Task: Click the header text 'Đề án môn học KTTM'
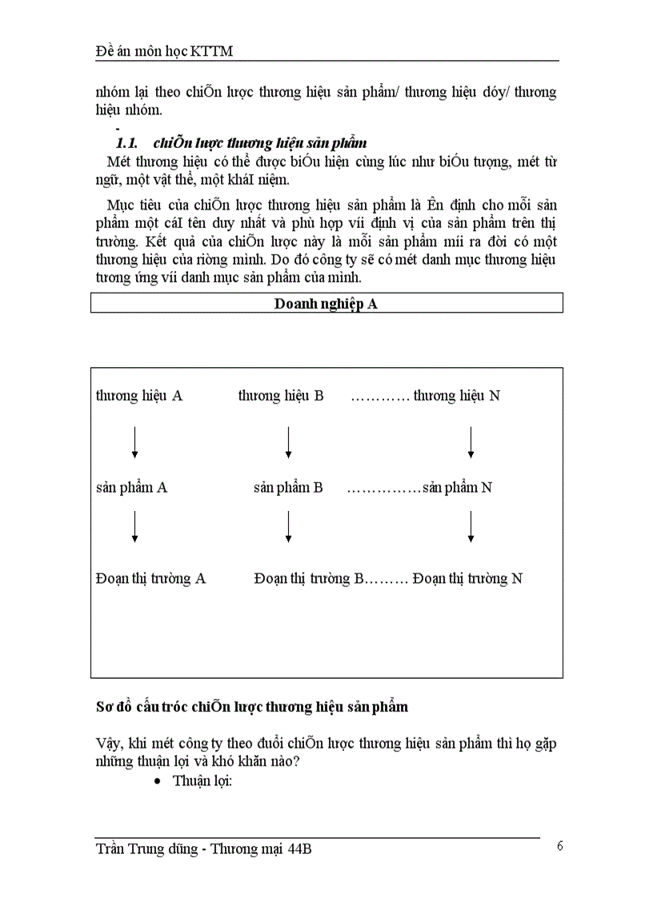(x=169, y=52)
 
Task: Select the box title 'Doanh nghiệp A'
(x=326, y=303)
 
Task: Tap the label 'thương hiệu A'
(x=139, y=396)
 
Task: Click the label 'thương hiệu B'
(x=281, y=396)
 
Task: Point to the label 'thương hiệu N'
(x=457, y=396)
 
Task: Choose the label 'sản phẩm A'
(x=131, y=487)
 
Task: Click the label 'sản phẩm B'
(x=288, y=487)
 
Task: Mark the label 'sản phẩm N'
(x=457, y=487)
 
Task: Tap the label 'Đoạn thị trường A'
(x=150, y=578)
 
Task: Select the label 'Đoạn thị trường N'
(x=467, y=578)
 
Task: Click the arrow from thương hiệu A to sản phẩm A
(x=134, y=442)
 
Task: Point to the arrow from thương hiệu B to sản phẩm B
(x=288, y=442)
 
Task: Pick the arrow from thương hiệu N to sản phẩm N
(x=471, y=442)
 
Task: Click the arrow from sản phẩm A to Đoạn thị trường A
(x=134, y=526)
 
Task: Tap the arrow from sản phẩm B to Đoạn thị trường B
(x=288, y=526)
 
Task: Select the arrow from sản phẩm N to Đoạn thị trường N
(x=471, y=526)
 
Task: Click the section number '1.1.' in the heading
(x=128, y=143)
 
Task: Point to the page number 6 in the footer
(x=560, y=847)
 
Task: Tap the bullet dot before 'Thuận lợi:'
(x=157, y=781)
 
